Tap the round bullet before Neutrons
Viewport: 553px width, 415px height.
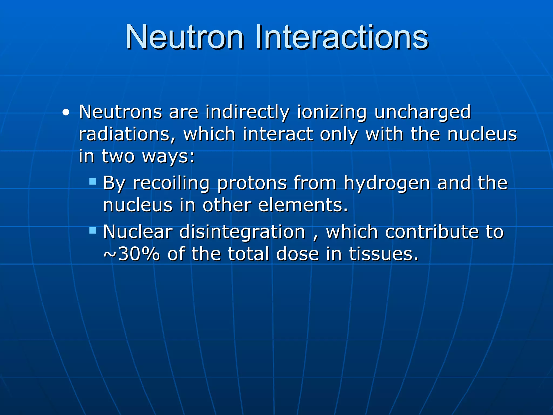tap(66, 112)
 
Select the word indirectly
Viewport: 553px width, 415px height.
tap(247, 112)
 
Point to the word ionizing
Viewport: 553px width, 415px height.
tap(332, 112)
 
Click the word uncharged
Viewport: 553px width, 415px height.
tap(422, 112)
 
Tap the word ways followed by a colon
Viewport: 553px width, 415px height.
tap(168, 156)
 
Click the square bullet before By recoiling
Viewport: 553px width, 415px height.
tap(93, 181)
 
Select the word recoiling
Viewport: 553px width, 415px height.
tap(171, 183)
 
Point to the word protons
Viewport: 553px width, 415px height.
tap(252, 183)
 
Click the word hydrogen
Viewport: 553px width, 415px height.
tap(387, 183)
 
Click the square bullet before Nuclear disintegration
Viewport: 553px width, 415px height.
tap(93, 230)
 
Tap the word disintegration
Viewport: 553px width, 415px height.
tap(242, 232)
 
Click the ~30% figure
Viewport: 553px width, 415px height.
tap(132, 255)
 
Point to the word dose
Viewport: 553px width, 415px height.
tap(298, 255)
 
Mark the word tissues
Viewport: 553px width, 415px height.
tap(383, 255)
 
